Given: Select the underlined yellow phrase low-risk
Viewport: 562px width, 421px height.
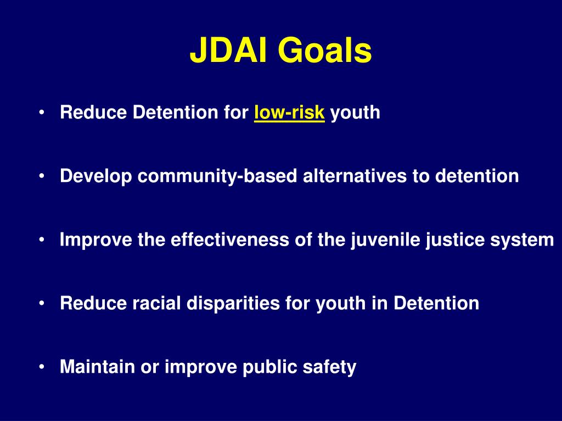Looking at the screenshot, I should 289,113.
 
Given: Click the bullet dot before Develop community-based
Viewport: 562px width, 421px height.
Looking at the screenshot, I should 42,177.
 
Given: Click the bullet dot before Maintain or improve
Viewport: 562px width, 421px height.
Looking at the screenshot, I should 42,367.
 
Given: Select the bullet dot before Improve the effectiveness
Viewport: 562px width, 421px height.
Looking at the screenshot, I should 42,240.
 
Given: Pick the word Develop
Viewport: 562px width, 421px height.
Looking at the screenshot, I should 96,177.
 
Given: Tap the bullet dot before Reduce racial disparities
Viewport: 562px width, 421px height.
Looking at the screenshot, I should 42,304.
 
